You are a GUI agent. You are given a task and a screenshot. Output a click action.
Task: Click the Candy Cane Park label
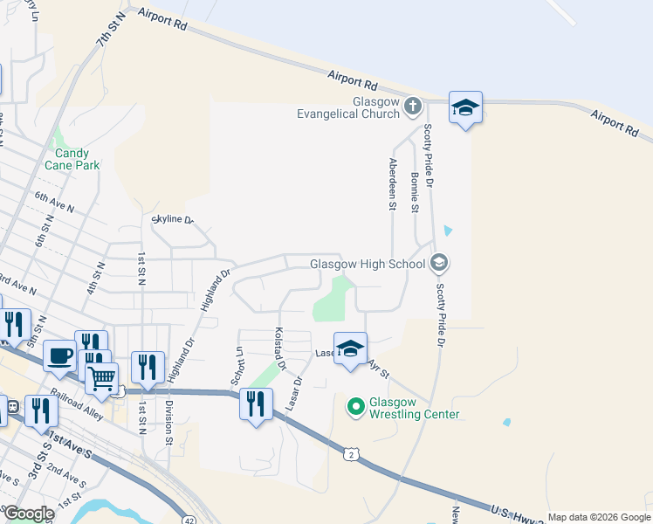72,157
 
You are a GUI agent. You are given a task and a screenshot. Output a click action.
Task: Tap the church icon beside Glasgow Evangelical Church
414,107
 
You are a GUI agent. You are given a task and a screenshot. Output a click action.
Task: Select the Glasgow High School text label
367,264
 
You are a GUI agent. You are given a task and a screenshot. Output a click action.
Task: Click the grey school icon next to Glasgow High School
439,263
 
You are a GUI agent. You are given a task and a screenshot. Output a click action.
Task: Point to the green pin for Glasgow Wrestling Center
355,406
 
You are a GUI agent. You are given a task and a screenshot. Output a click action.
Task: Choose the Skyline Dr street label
172,219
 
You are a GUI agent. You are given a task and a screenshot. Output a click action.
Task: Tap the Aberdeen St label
393,184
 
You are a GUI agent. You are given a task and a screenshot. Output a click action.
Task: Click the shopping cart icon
102,378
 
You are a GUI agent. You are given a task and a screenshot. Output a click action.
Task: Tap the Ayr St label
378,368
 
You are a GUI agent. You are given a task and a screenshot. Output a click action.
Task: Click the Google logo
28,514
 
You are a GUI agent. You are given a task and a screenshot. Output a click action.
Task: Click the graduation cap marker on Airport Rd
465,108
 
